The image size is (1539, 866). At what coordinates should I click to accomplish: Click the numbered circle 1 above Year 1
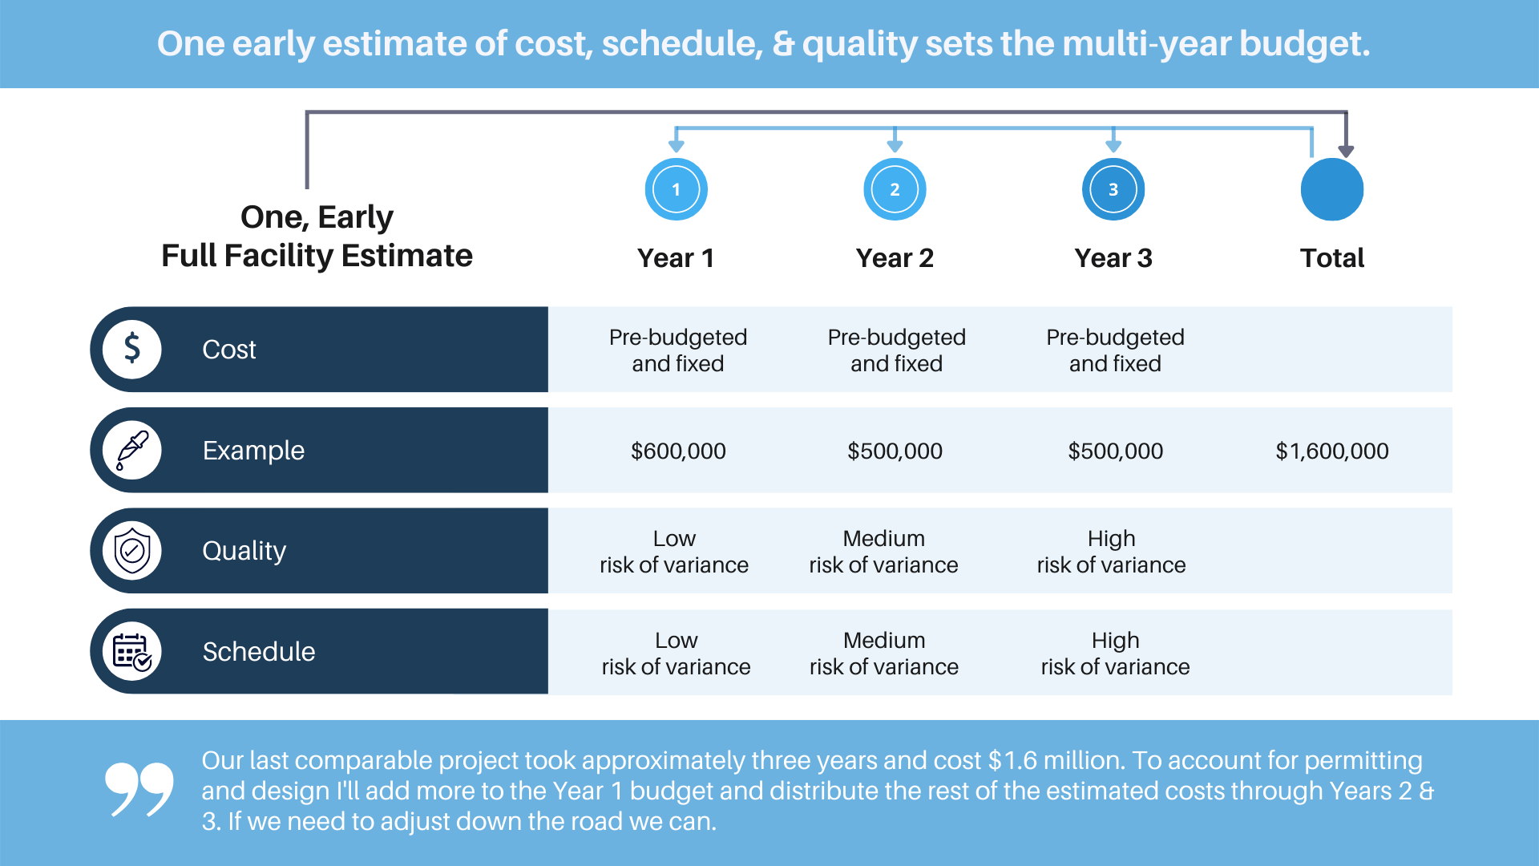click(x=676, y=190)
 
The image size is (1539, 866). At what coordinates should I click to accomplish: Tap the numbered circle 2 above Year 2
click(x=895, y=190)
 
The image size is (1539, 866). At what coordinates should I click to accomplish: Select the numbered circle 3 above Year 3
click(x=1113, y=190)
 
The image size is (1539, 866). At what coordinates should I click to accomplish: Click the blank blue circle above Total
click(x=1331, y=190)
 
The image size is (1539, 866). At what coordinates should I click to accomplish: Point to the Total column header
click(x=1331, y=258)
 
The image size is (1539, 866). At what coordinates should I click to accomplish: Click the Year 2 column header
click(x=895, y=258)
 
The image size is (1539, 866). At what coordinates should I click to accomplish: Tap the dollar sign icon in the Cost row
click(x=132, y=350)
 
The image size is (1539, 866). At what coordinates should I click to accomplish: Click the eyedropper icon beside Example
click(x=132, y=450)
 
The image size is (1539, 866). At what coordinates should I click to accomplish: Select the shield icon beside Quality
click(x=132, y=551)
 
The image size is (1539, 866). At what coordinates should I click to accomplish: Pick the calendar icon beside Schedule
click(x=132, y=651)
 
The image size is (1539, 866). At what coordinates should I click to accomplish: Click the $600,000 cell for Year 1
click(x=678, y=451)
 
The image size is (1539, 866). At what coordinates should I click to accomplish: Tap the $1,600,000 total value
click(x=1331, y=451)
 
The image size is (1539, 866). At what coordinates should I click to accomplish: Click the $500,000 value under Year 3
click(x=1115, y=451)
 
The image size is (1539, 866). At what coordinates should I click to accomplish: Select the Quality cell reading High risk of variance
click(x=1111, y=552)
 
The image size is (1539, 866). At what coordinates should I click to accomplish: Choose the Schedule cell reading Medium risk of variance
click(x=883, y=654)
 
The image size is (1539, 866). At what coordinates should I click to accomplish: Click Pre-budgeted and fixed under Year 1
click(x=678, y=350)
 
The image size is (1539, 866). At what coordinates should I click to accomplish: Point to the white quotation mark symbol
click(x=139, y=789)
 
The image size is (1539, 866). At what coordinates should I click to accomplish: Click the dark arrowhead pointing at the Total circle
click(x=1346, y=151)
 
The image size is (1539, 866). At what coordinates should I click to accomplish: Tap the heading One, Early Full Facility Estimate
click(x=317, y=237)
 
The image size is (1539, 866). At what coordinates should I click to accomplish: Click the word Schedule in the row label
click(x=258, y=652)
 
